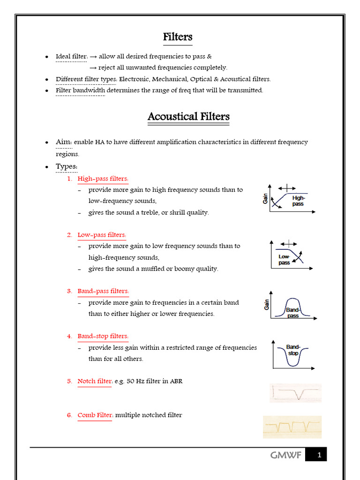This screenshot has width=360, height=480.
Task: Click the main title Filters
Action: [178, 37]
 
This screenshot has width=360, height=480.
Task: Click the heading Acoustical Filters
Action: [188, 116]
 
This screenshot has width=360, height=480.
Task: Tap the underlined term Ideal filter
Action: [71, 57]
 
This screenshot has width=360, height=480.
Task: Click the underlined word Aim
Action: [63, 142]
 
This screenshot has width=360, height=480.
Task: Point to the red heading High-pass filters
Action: [103, 179]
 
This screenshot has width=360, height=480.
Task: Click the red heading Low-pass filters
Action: [102, 235]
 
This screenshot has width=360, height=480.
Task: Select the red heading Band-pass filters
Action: [103, 291]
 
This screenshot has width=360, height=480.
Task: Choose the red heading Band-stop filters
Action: [103, 336]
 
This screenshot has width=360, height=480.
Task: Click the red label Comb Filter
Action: [95, 415]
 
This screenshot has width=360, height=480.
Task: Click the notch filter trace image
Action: [295, 393]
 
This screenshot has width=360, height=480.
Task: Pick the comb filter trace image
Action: [292, 427]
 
